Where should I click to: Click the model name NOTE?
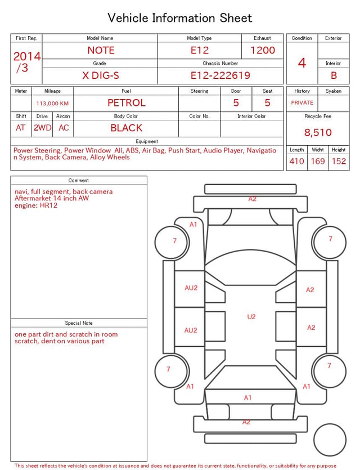pyautogui.click(x=101, y=50)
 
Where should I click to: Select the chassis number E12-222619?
pyautogui.click(x=220, y=75)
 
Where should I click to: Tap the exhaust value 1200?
pyautogui.click(x=263, y=50)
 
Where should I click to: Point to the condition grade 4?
pyautogui.click(x=302, y=63)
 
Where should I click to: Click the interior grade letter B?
pyautogui.click(x=334, y=75)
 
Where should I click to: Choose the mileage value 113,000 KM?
pyautogui.click(x=52, y=104)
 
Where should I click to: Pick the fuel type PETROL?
pyautogui.click(x=127, y=103)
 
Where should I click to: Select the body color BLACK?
pyautogui.click(x=127, y=128)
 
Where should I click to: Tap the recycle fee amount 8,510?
pyautogui.click(x=318, y=132)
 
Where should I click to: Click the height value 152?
pyautogui.click(x=339, y=161)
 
